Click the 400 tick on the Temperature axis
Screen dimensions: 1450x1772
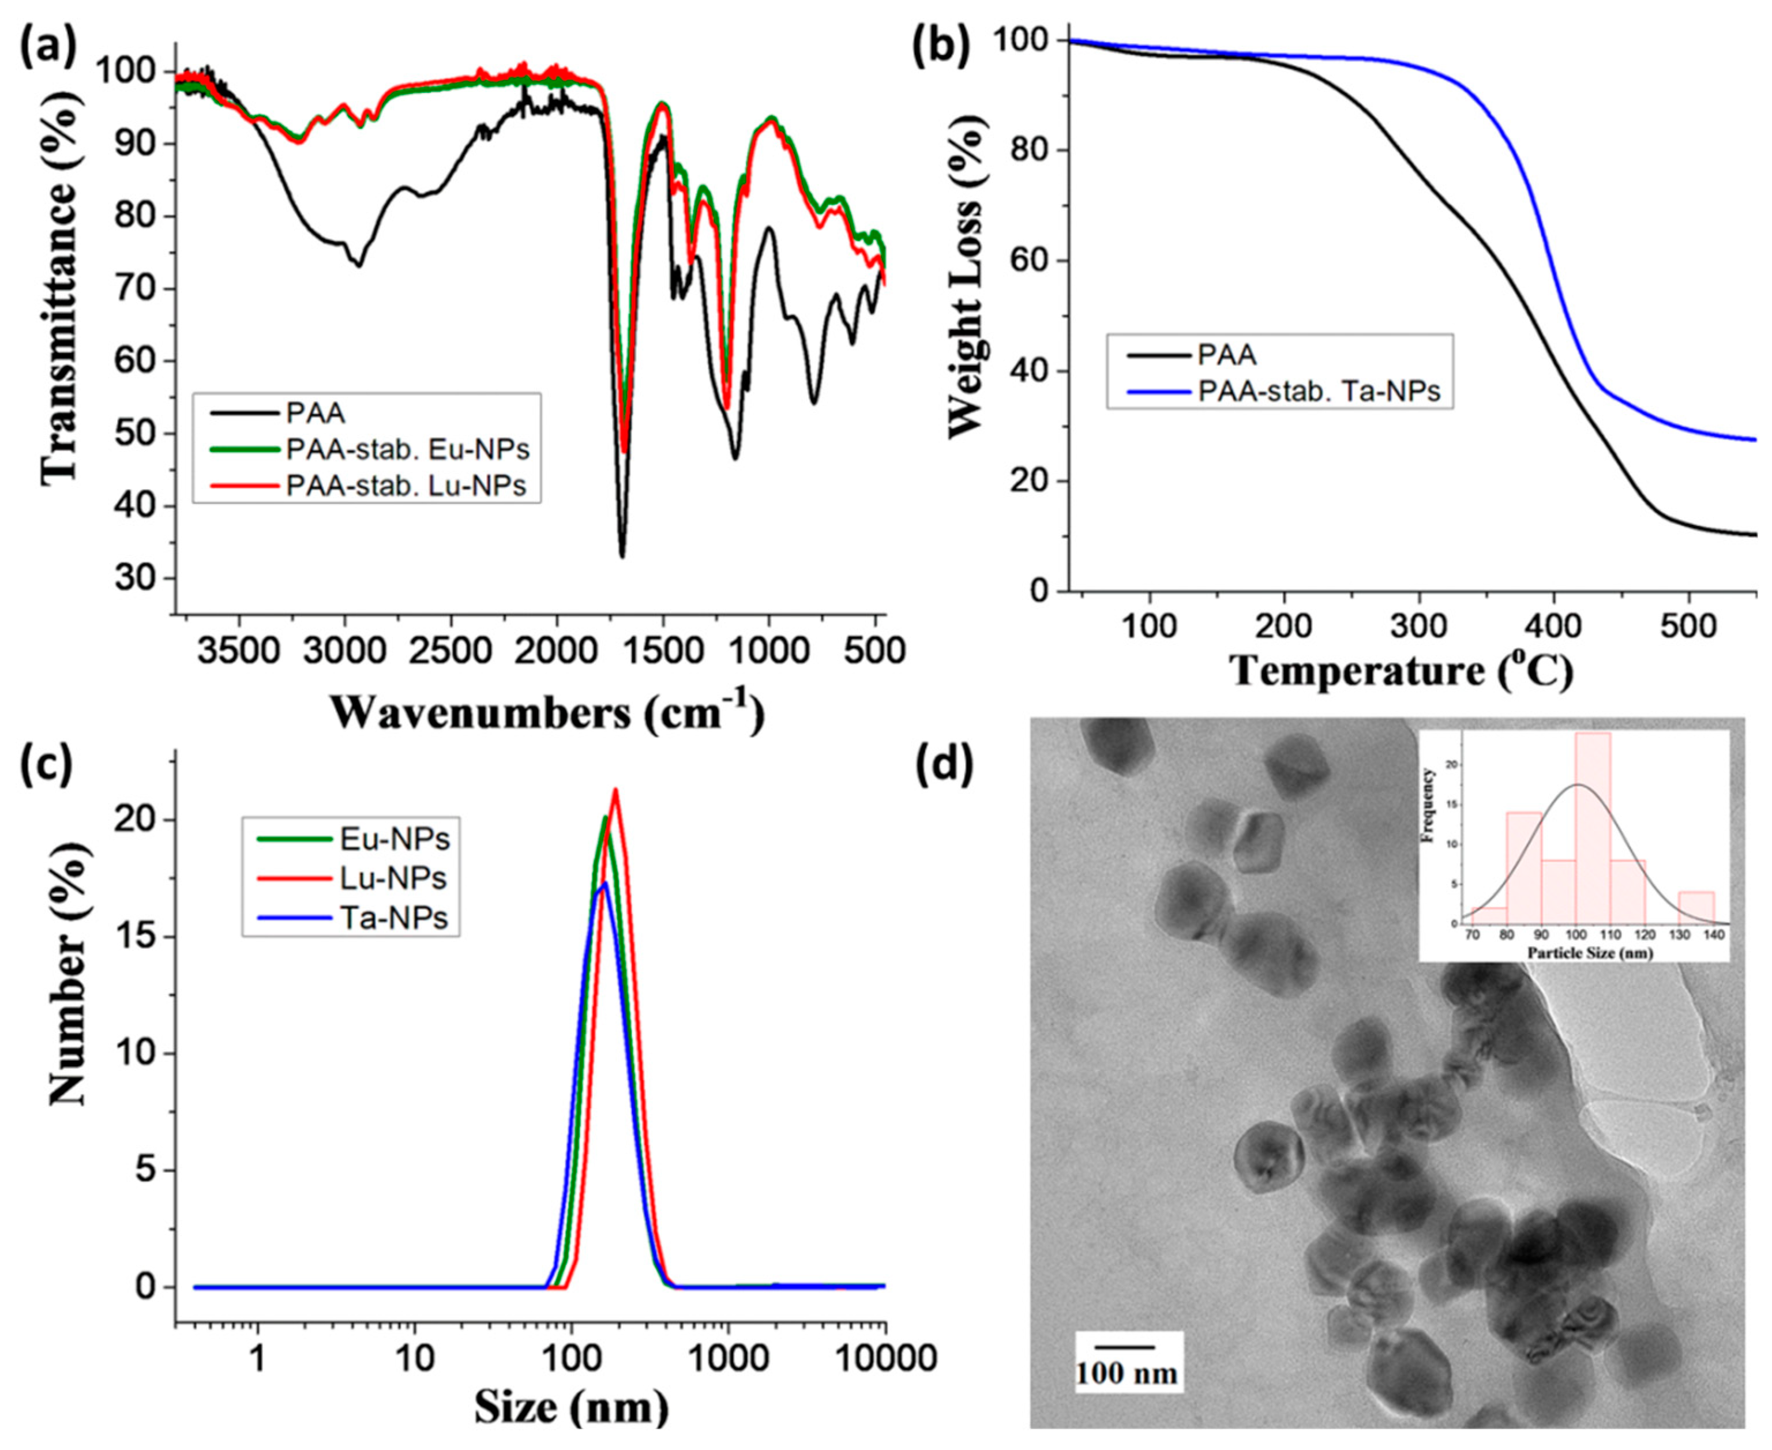pyautogui.click(x=1553, y=625)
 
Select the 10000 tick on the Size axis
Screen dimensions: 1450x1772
pyautogui.click(x=883, y=1359)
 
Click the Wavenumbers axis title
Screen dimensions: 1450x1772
pyautogui.click(x=547, y=712)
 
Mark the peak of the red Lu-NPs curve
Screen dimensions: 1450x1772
pyautogui.click(x=615, y=790)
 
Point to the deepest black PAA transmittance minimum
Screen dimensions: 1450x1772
pyautogui.click(x=622, y=555)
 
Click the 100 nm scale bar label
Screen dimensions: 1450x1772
pyautogui.click(x=1126, y=1372)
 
